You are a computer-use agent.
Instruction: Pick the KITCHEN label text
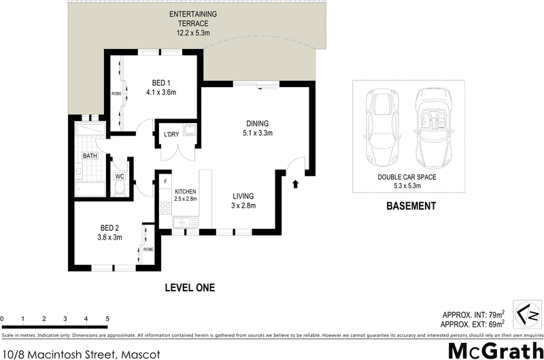point(185,195)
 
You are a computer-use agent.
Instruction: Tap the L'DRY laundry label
point(171,134)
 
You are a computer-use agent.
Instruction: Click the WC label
point(119,176)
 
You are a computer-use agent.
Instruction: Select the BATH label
point(90,156)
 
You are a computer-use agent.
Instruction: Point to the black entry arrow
point(296,183)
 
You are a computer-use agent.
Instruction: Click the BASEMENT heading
point(410,206)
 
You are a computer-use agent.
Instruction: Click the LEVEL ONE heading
point(190,288)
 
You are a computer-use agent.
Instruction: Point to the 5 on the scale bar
point(107,318)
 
